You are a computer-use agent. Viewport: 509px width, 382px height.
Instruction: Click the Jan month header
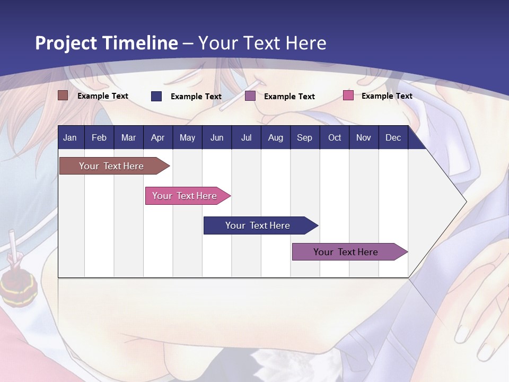pyautogui.click(x=70, y=137)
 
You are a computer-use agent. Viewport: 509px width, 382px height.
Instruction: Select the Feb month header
pyautogui.click(x=99, y=137)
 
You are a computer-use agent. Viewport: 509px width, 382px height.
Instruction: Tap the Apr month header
pyautogui.click(x=158, y=137)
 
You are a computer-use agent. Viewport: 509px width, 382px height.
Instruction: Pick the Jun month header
pyautogui.click(x=217, y=137)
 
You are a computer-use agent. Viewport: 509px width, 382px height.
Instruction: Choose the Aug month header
pyautogui.click(x=275, y=137)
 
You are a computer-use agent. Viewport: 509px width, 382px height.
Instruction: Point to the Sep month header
pyautogui.click(x=304, y=137)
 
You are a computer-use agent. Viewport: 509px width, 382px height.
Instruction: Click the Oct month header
pyautogui.click(x=335, y=137)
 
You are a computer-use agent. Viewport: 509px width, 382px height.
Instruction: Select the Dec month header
pyautogui.click(x=393, y=137)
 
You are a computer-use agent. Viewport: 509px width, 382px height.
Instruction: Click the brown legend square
pyautogui.click(x=63, y=95)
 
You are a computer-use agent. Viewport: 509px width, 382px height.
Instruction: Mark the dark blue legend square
pyautogui.click(x=156, y=96)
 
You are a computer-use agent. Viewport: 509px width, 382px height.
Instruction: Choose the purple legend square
pyautogui.click(x=250, y=96)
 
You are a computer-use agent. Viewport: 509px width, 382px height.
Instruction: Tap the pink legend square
pyautogui.click(x=348, y=95)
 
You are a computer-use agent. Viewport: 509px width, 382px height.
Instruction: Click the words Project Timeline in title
pyautogui.click(x=106, y=43)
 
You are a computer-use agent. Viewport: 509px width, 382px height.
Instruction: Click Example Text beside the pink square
pyautogui.click(x=387, y=96)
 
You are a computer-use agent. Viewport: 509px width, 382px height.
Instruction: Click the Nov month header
pyautogui.click(x=364, y=137)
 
